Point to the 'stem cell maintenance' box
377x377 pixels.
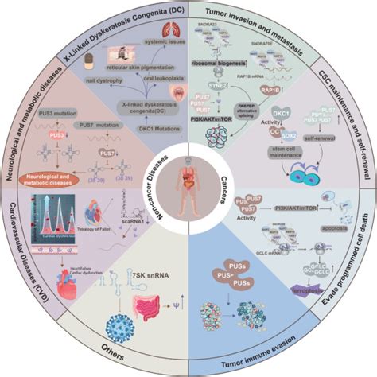[256, 169]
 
